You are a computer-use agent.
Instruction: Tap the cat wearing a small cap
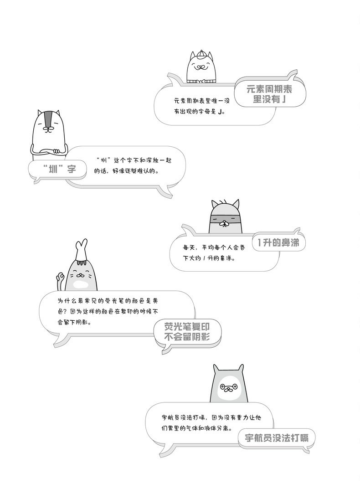200,67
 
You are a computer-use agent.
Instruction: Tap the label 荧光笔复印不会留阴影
187,331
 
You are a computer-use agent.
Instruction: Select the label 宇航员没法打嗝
277,438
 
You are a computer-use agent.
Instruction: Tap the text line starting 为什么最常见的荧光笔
108,301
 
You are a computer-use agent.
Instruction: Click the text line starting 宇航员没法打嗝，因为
211,417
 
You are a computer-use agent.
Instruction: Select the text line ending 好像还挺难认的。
126,171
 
